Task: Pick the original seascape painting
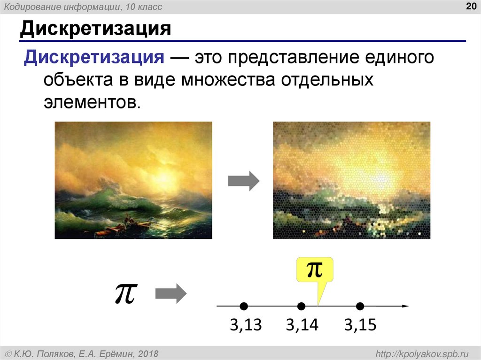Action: (x=133, y=180)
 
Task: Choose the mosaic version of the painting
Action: (x=351, y=180)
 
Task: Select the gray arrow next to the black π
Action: (x=171, y=294)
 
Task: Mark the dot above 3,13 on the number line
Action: (x=243, y=306)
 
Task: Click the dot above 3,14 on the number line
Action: (x=302, y=306)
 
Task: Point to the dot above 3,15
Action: (x=360, y=306)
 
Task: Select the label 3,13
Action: (x=245, y=325)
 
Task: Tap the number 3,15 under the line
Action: (x=360, y=325)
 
